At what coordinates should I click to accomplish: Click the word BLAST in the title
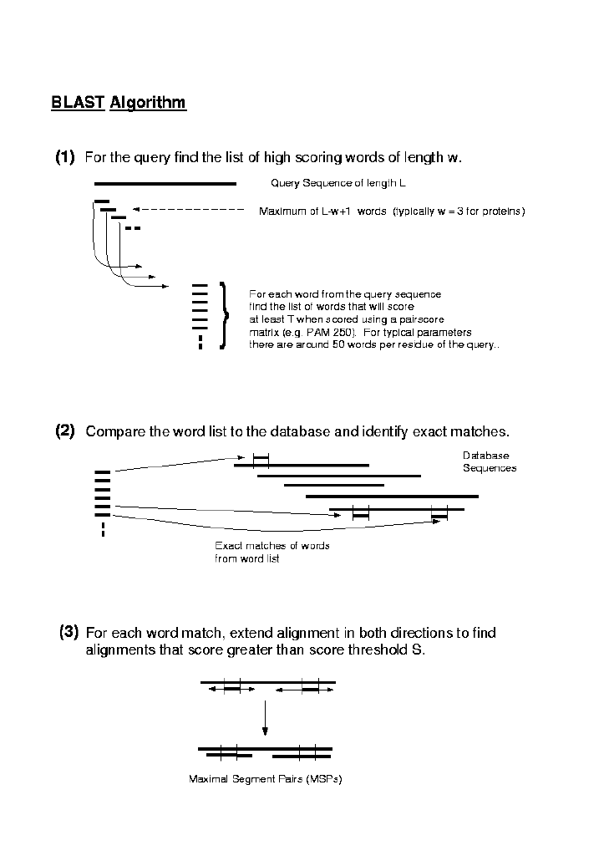click(x=78, y=103)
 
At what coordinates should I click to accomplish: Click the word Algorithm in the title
click(x=148, y=103)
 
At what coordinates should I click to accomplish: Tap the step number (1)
click(x=65, y=157)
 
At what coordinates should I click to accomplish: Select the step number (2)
click(x=65, y=431)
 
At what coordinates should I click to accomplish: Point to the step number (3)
click(x=69, y=632)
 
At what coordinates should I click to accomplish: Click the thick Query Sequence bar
click(x=165, y=183)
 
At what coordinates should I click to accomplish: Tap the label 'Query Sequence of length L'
click(x=338, y=184)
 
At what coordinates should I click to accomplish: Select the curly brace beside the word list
click(x=223, y=316)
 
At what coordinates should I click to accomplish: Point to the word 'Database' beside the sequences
click(x=485, y=456)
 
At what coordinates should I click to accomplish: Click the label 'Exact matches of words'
click(x=272, y=546)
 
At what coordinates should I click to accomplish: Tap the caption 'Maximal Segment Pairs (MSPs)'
click(x=266, y=779)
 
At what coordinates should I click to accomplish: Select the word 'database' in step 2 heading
click(x=300, y=432)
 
